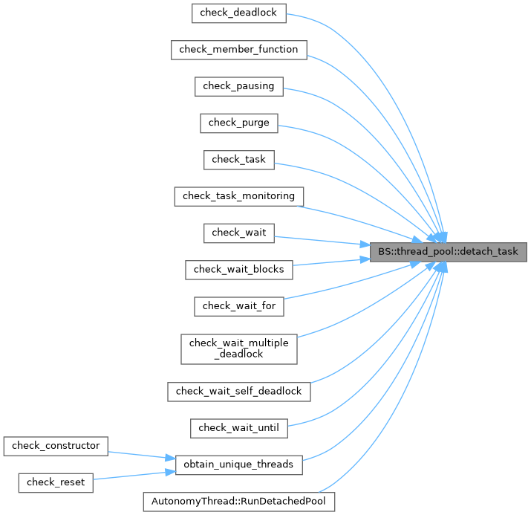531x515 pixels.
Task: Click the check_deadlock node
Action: (238, 13)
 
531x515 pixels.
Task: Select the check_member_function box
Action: (238, 50)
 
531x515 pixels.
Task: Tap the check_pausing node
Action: (238, 86)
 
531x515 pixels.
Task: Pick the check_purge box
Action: (238, 123)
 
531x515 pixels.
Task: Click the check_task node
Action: (238, 159)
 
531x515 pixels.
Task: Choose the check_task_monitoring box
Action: (238, 196)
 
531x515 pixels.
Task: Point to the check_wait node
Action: (238, 233)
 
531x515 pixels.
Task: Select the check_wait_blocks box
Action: (238, 269)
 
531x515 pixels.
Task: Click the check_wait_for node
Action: (238, 305)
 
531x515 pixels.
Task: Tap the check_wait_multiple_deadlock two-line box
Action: (238, 348)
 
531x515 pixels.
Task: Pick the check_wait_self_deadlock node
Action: (238, 391)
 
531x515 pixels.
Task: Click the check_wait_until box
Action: (238, 427)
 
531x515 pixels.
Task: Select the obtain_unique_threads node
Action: (238, 464)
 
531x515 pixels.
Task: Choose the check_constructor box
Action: (56, 446)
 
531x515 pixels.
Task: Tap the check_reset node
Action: (56, 482)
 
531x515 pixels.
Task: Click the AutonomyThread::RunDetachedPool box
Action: (238, 501)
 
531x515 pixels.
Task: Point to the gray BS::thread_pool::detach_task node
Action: (448, 251)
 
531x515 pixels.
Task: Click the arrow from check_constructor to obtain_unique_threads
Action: (141, 454)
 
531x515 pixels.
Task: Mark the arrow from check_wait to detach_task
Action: (319, 242)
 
